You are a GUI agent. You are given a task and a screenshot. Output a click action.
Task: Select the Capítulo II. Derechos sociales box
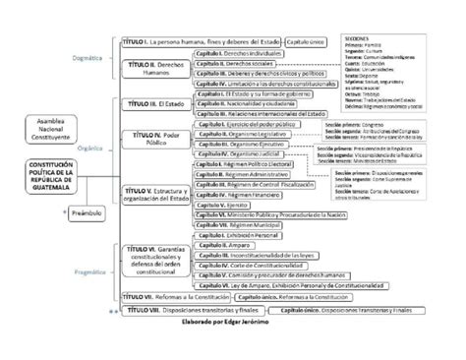click(x=240, y=61)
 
